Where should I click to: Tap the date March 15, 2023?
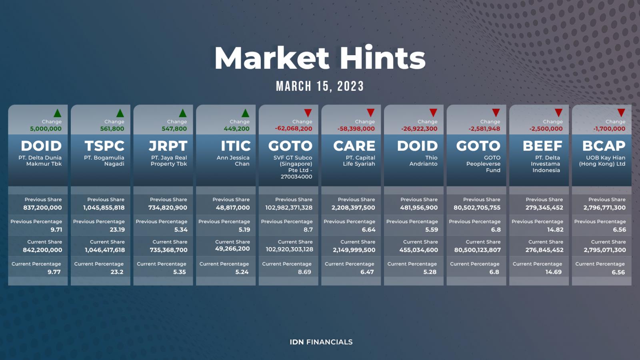coord(320,86)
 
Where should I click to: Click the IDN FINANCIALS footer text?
coord(321,342)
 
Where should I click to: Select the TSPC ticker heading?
coord(104,146)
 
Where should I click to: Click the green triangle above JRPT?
coord(182,113)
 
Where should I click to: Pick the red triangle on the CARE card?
coord(370,112)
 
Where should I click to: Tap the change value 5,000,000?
coord(46,129)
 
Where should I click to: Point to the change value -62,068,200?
coord(294,129)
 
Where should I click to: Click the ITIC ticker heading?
coord(236,146)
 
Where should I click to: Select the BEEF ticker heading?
coord(542,146)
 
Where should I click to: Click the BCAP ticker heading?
coord(604,146)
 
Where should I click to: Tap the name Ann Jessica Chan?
coord(233,160)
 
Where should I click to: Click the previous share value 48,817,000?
coord(232,208)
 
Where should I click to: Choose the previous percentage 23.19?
coord(117,230)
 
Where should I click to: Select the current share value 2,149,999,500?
coord(354,250)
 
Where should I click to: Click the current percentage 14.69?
coord(554,272)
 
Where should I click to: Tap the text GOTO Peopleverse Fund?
coord(484,164)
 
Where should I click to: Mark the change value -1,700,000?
coord(609,129)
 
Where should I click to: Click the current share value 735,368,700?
coord(168,250)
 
